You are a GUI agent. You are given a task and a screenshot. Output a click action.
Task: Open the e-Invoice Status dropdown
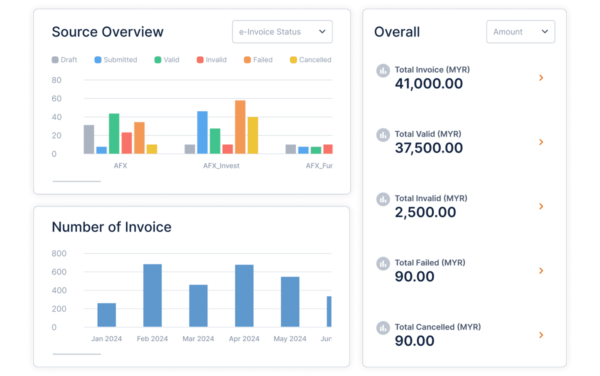coord(282,32)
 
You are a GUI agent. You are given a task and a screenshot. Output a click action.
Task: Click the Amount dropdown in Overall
coord(520,32)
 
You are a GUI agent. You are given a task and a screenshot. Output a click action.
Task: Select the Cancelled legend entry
coord(310,60)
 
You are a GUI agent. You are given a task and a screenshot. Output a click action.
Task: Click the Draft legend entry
coord(64,60)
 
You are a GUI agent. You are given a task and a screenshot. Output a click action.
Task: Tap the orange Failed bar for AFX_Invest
coord(240,127)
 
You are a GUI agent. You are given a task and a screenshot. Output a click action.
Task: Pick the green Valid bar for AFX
coord(114,133)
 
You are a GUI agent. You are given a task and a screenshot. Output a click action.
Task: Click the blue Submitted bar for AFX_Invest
coord(202,132)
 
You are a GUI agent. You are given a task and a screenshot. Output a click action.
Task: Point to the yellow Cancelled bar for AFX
coord(152,149)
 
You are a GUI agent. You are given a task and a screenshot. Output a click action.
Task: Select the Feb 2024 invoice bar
coord(152,295)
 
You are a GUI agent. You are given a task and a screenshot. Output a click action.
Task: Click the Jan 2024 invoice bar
coord(106,315)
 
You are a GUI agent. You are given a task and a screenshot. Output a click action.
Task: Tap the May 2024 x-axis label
coord(290,339)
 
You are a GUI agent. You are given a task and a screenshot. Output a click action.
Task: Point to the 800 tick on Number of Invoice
coord(59,253)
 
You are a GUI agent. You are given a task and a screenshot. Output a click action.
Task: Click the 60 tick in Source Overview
coord(56,98)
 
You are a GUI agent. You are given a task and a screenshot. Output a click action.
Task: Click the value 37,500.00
coord(428,148)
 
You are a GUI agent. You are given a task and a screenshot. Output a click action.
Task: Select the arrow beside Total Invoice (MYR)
coord(541,78)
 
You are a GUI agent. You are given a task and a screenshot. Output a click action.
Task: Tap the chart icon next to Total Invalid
coord(383,199)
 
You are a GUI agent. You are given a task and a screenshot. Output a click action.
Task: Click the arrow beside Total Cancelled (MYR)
coord(541,335)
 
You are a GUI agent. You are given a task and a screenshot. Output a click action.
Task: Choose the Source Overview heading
coord(107,32)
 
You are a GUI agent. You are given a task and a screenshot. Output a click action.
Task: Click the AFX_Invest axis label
coord(221,165)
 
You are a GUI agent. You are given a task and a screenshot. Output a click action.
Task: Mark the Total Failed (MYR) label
coord(429,262)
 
